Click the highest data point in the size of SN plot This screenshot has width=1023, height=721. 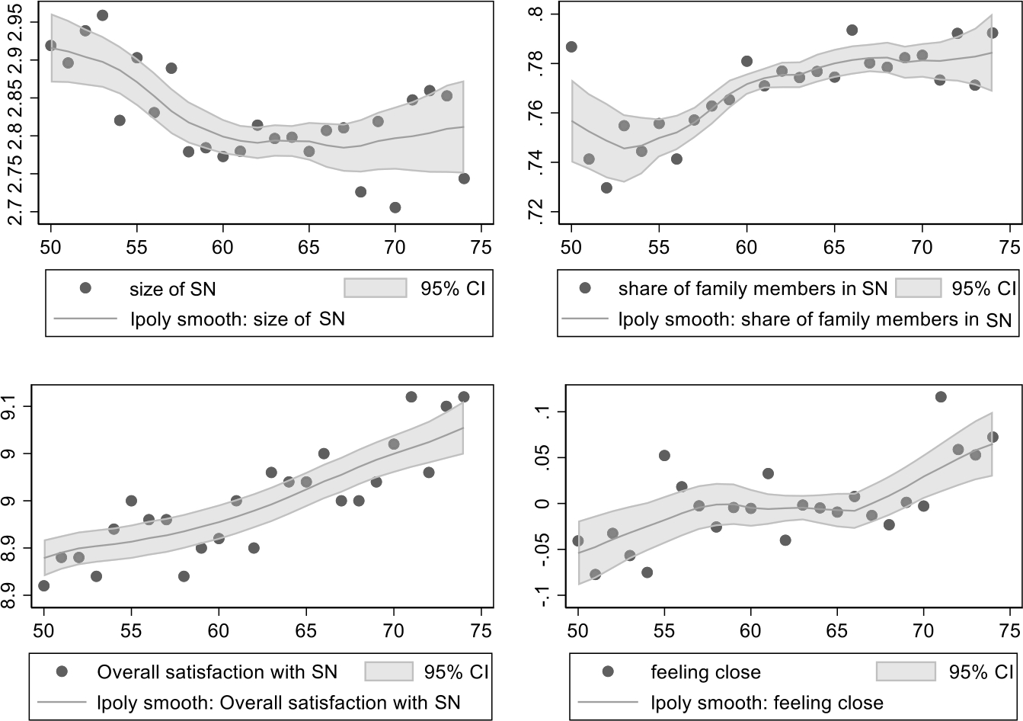pyautogui.click(x=102, y=15)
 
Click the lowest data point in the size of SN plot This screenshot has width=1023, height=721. pyautogui.click(x=395, y=207)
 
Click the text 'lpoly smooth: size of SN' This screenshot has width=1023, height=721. pyautogui.click(x=237, y=319)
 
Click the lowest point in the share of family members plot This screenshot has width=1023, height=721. pyautogui.click(x=606, y=187)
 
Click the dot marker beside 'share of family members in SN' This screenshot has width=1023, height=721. pyautogui.click(x=585, y=288)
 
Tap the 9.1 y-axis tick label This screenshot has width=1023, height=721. pyautogui.click(x=16, y=406)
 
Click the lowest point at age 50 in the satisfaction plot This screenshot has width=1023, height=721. pyautogui.click(x=43, y=585)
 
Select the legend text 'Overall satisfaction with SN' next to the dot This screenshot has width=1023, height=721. pyautogui.click(x=217, y=650)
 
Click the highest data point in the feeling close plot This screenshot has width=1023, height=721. pyautogui.click(x=941, y=396)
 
